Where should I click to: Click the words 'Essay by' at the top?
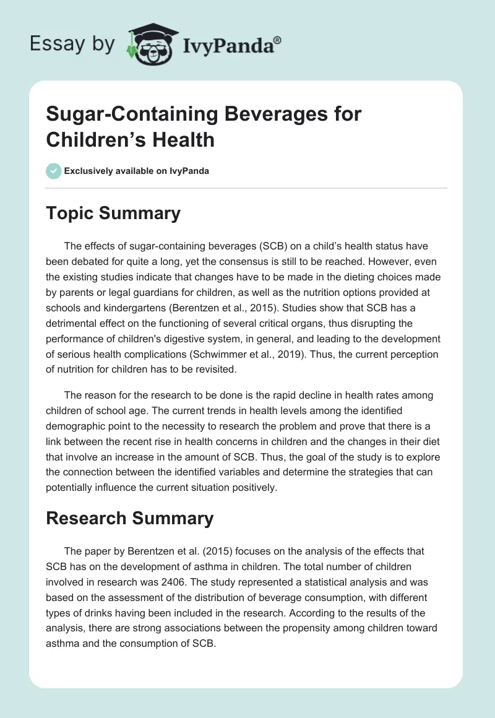[72, 44]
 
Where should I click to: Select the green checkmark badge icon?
[53, 171]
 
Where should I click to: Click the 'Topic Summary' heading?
[113, 213]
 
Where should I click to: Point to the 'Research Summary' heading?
[130, 517]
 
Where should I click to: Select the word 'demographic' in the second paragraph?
[77, 425]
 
